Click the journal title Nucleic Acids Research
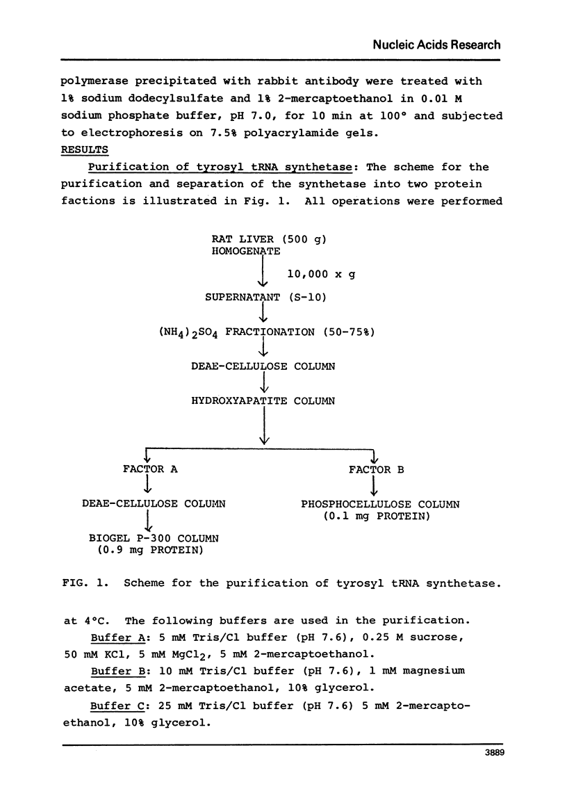pos(436,44)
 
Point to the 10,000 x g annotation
pos(321,275)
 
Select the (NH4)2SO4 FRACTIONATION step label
pos(267,332)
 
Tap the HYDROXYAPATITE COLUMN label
pos(263,401)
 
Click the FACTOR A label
pos(150,469)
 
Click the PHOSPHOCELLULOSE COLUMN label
pos(380,504)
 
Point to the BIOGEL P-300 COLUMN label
pos(154,539)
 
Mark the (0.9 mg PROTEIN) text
pos(149,551)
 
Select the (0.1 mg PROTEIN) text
pos(375,517)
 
